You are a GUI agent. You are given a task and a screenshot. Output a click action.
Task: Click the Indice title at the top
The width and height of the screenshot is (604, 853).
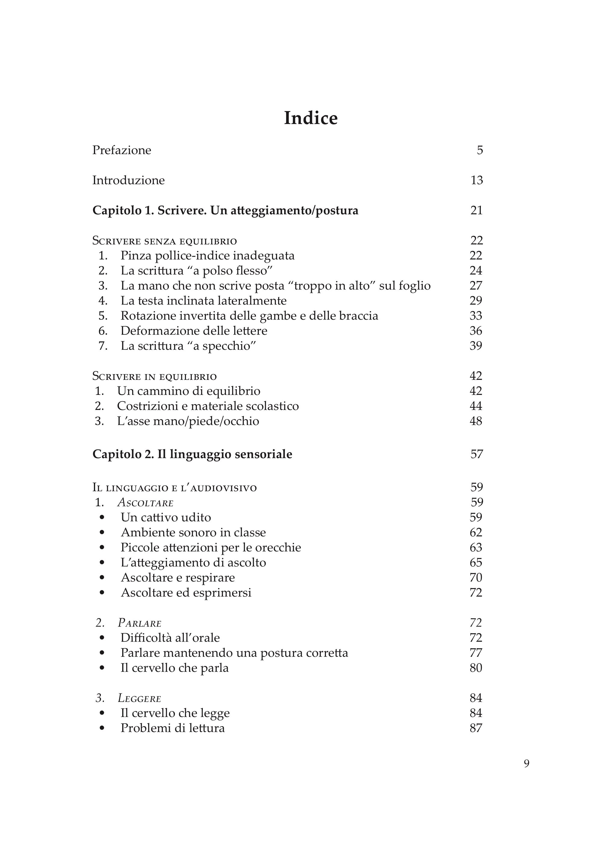311,118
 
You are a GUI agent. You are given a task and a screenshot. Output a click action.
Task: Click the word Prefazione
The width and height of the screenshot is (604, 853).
122,150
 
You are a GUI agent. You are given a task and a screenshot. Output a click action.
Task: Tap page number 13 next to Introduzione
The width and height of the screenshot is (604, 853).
476,180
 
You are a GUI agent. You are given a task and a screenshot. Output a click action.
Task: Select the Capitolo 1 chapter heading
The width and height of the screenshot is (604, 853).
225,211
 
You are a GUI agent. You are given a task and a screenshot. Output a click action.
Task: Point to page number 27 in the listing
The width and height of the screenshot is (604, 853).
476,286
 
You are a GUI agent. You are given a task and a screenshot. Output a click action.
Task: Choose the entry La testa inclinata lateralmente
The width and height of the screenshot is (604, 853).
203,301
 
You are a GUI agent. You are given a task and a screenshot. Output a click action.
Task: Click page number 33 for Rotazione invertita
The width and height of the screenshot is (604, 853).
476,316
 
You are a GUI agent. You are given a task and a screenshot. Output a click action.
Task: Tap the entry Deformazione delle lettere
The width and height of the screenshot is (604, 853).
194,331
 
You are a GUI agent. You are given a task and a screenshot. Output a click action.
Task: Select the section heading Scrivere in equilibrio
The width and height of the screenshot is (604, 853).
154,376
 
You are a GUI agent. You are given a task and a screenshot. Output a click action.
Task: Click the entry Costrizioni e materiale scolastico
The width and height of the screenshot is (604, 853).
208,406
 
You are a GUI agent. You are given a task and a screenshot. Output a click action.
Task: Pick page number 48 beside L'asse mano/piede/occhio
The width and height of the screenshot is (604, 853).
476,421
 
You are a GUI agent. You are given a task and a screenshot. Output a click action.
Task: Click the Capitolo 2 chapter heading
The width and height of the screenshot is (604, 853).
192,454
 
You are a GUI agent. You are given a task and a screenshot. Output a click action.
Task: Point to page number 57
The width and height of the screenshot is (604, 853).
476,454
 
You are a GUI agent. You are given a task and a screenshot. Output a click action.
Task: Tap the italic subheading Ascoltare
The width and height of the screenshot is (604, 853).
145,503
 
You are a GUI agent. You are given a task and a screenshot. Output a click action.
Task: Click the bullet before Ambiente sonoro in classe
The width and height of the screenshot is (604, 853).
102,533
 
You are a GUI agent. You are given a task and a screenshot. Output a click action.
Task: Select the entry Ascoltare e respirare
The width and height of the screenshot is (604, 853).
178,578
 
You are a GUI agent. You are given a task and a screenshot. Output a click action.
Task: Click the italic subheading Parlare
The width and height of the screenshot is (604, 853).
139,623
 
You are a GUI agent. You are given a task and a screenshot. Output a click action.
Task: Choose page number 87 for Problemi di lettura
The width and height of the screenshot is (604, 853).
476,728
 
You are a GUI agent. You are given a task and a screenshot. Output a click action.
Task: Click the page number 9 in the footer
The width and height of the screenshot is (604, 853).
526,764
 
